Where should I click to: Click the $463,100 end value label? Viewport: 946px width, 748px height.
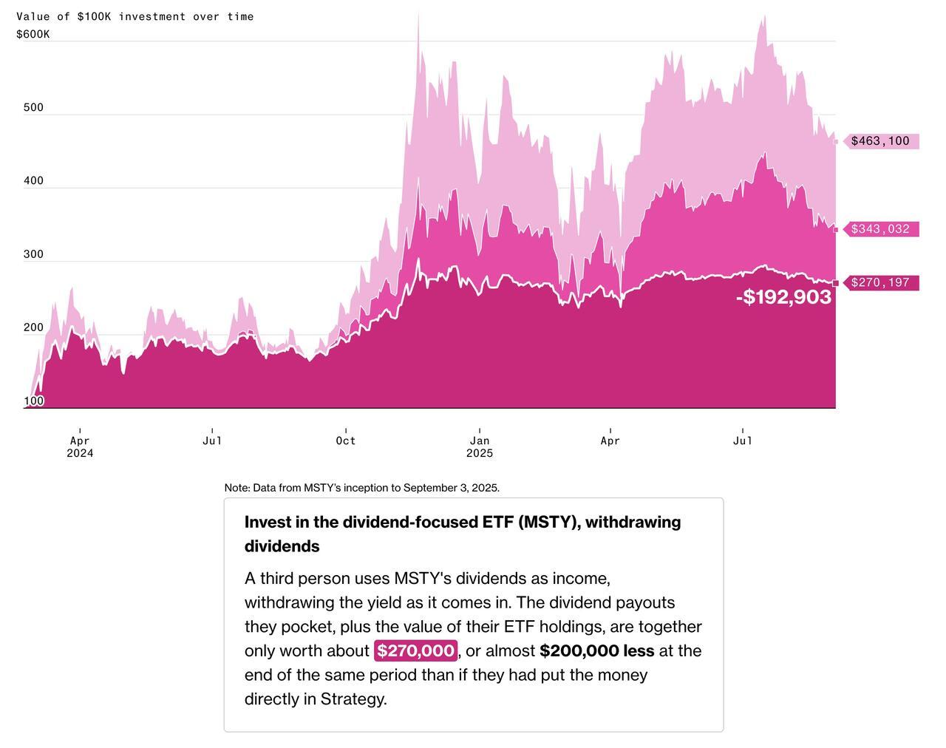880,141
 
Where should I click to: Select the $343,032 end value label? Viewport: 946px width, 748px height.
880,229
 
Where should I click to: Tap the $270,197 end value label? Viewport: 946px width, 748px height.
880,282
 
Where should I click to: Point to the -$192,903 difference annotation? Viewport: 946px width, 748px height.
783,297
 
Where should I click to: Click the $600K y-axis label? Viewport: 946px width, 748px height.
33,34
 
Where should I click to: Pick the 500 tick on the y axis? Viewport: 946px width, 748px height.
33,107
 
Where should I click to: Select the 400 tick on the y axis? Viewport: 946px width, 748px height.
33,180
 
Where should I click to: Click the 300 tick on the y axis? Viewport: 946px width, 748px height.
33,254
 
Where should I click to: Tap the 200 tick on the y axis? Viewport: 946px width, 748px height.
33,327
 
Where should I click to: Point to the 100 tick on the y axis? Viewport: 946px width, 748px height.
34,401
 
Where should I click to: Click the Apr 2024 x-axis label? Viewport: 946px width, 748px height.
80,446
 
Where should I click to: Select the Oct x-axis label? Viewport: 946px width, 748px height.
346,441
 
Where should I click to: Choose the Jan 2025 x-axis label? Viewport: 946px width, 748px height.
480,446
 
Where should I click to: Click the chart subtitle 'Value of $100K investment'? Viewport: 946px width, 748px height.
135,16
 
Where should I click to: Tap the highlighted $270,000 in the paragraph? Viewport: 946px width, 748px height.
415,650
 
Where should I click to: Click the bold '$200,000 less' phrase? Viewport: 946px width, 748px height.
596,650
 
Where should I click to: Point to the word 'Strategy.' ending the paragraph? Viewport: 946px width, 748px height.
353,698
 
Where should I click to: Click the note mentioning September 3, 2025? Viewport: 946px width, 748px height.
362,488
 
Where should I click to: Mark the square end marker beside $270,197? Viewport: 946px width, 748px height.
836,283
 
